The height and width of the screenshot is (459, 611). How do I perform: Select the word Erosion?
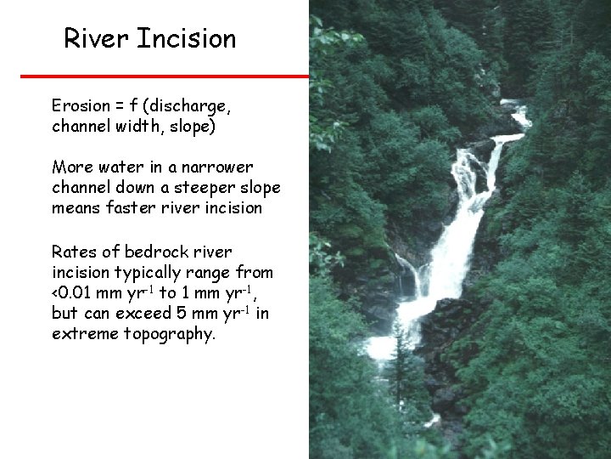(x=81, y=106)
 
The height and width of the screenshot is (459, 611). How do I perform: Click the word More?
(x=70, y=167)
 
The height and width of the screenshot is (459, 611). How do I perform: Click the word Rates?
(x=72, y=252)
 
